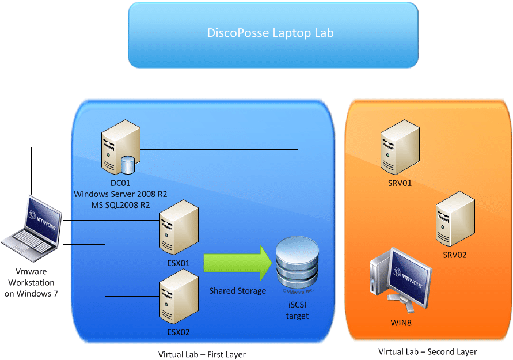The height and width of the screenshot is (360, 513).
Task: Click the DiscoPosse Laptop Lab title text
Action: (x=270, y=33)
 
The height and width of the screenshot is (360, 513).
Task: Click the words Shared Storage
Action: (x=237, y=291)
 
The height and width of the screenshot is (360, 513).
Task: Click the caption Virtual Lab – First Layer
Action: (x=202, y=354)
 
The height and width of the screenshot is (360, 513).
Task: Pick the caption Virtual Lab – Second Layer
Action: (x=427, y=351)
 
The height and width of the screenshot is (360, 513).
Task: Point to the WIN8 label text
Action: (x=401, y=323)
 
